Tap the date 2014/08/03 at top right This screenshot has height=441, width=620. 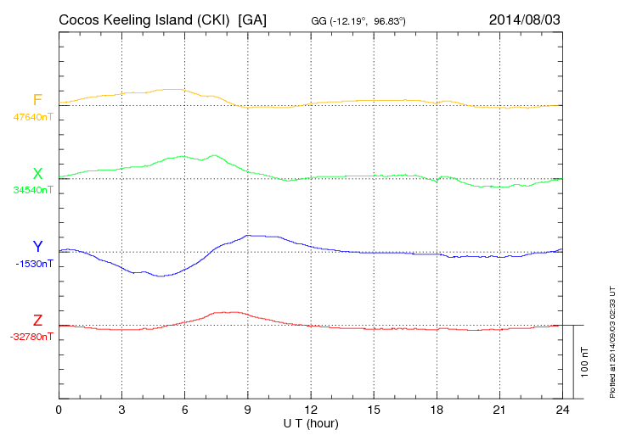tap(525, 19)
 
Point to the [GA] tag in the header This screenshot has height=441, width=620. tap(253, 19)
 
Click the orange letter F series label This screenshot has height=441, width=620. tap(37, 100)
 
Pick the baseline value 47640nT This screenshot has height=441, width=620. tap(32, 116)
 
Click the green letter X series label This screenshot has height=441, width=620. tap(37, 174)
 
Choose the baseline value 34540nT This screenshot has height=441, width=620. tap(32, 190)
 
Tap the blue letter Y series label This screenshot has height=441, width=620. tap(37, 247)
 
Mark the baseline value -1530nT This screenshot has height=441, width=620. tap(34, 264)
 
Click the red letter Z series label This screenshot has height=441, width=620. tap(37, 321)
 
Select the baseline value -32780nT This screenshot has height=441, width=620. tap(32, 337)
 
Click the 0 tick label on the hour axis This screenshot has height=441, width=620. tap(59, 410)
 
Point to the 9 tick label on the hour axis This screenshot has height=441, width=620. tap(247, 410)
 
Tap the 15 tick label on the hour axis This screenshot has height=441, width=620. tap(373, 410)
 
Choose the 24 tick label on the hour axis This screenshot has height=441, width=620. tap(561, 410)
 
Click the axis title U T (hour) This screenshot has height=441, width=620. tap(310, 422)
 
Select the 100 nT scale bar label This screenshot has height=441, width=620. tap(585, 362)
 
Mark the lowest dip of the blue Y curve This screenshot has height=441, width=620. tap(160, 276)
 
